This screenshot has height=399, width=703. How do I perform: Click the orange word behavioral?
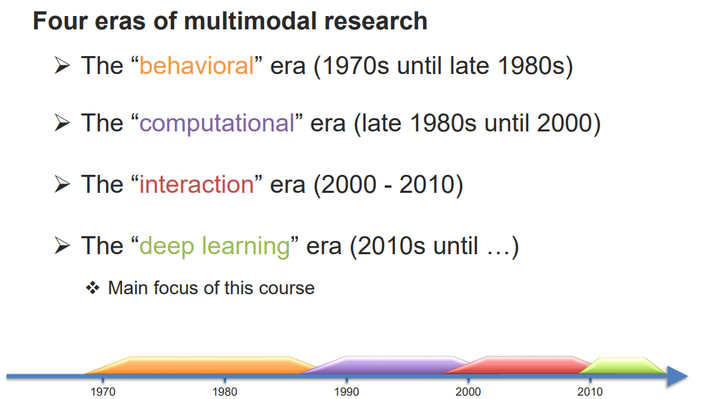pos(197,67)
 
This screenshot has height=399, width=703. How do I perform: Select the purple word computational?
pos(217,123)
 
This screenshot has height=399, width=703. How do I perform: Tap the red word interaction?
pos(197,185)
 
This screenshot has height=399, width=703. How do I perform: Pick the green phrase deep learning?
pos(214,246)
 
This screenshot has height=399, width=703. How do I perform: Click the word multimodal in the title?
pos(252,21)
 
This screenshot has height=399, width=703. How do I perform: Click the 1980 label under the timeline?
pos(225,392)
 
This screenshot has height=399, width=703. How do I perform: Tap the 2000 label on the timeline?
pos(468,392)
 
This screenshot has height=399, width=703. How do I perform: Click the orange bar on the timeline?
pos(200,365)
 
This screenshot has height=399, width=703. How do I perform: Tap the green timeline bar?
pos(624,366)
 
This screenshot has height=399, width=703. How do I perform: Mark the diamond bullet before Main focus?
pos(92,288)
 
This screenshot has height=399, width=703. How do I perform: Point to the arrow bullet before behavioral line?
pos(62,67)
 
